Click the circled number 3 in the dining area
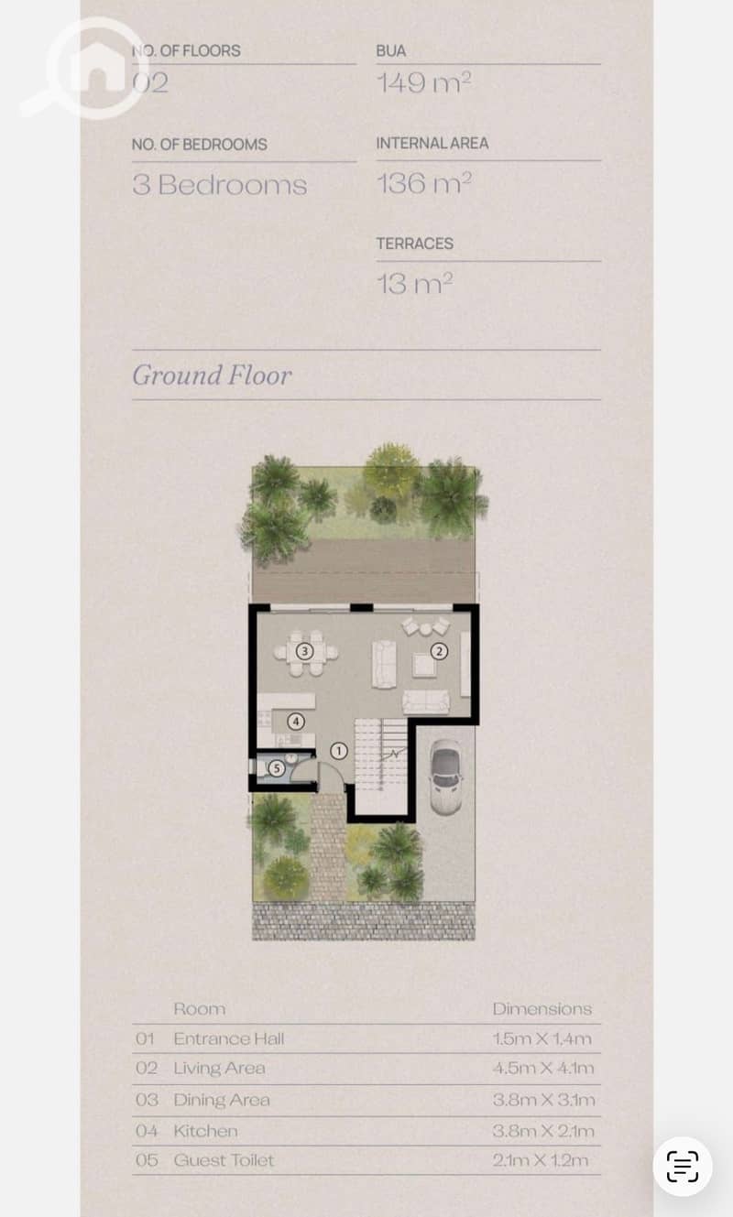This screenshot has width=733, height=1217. [x=304, y=651]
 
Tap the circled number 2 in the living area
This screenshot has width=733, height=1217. [x=440, y=651]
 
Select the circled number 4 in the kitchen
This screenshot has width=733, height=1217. [x=296, y=722]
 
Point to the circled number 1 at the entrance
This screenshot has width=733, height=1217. [x=339, y=751]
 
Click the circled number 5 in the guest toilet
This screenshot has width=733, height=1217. [x=277, y=768]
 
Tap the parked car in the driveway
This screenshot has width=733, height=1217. [x=445, y=777]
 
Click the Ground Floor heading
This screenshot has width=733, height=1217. [x=212, y=375]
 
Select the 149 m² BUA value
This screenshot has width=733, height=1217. [x=424, y=82]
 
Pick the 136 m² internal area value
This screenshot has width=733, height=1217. [x=424, y=183]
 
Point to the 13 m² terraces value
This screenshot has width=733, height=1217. [x=415, y=284]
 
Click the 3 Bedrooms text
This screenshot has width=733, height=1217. [x=220, y=185]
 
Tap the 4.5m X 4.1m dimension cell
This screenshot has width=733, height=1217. [x=543, y=1068]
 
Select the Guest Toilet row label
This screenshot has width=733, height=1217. [x=224, y=1160]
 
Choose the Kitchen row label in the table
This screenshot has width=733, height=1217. [x=205, y=1131]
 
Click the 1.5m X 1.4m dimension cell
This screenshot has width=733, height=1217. [x=542, y=1038]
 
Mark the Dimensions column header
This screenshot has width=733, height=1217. [x=542, y=1009]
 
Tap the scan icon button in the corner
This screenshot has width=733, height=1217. [x=683, y=1167]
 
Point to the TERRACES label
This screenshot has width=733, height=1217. [x=415, y=244]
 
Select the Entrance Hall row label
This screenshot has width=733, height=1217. [x=229, y=1038]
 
